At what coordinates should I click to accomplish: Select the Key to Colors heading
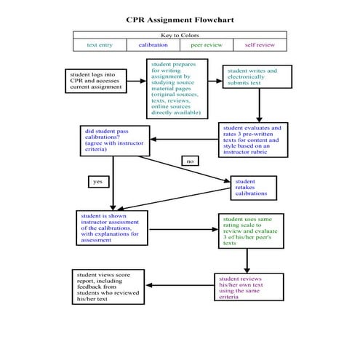pos(180,35)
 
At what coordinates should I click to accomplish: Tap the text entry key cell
pos(100,45)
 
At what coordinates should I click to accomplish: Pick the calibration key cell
pos(153,45)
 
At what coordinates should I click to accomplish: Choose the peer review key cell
pos(207,45)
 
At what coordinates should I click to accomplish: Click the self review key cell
pos(260,45)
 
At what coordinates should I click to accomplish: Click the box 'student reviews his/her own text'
pos(246,288)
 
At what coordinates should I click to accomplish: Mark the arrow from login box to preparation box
pos(135,81)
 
